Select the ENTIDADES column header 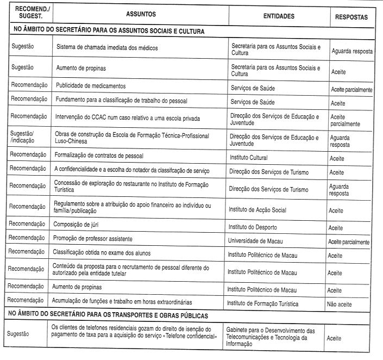point(279,16)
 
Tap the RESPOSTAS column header point(352,17)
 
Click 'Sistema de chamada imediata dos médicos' point(107,48)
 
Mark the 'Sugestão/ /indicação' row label point(25,138)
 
